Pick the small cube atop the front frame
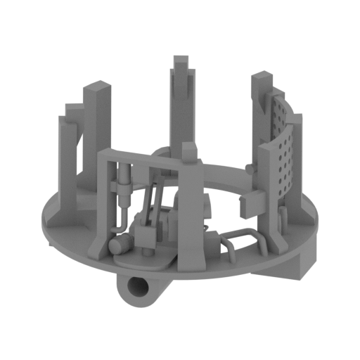click(190, 153)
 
